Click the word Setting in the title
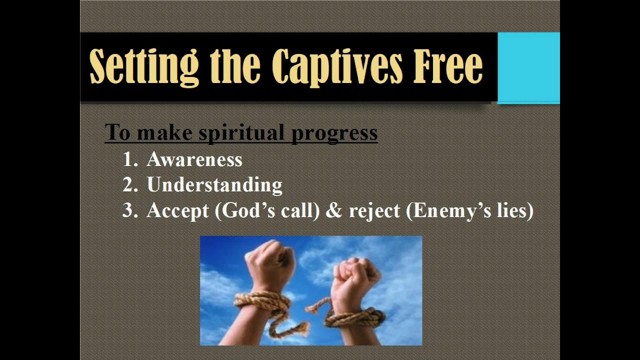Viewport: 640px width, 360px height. pyautogui.click(x=144, y=67)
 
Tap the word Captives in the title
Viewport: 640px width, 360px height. pyautogui.click(x=337, y=67)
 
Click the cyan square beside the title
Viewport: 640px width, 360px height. pyautogui.click(x=528, y=67)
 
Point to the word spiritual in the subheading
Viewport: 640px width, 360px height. pyautogui.click(x=241, y=133)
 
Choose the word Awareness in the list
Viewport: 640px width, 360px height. pyautogui.click(x=194, y=159)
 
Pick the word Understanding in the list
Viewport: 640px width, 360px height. pyautogui.click(x=214, y=185)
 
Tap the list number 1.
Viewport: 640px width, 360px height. pyautogui.click(x=130, y=159)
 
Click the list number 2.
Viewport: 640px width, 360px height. pyautogui.click(x=130, y=184)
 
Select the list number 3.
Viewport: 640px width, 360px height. pyautogui.click(x=130, y=210)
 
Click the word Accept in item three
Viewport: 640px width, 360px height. pyautogui.click(x=177, y=211)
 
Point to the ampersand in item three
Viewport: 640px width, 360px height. pyautogui.click(x=333, y=210)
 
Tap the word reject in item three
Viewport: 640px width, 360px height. pyautogui.click(x=374, y=211)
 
